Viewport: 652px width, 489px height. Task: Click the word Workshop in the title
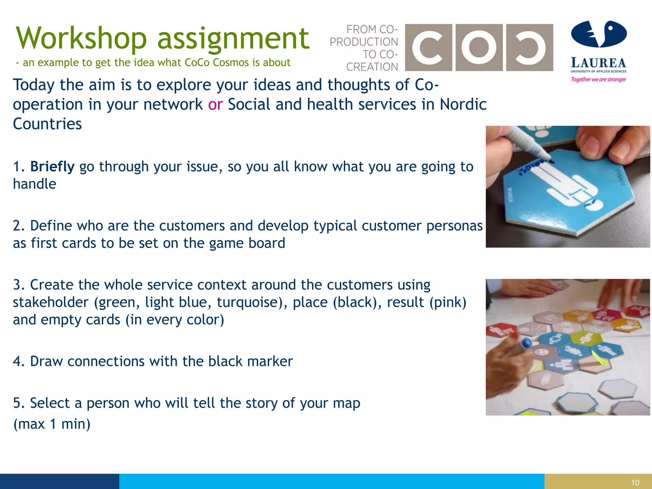81,39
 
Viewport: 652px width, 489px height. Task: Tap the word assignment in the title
233,39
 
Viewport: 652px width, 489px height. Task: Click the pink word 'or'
215,104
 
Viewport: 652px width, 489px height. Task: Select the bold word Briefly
52,167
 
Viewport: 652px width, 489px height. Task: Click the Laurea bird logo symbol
599,34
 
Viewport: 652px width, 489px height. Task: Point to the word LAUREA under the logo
599,63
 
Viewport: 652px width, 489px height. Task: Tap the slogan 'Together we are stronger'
598,79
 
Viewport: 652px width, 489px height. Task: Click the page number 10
635,483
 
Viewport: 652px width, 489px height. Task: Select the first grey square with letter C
428,47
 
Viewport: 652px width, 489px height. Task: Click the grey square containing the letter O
479,47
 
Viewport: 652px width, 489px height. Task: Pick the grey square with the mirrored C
529,47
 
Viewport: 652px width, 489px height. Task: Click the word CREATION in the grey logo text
372,67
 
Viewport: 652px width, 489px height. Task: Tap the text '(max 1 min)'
52,424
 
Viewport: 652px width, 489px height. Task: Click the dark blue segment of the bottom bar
60,481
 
